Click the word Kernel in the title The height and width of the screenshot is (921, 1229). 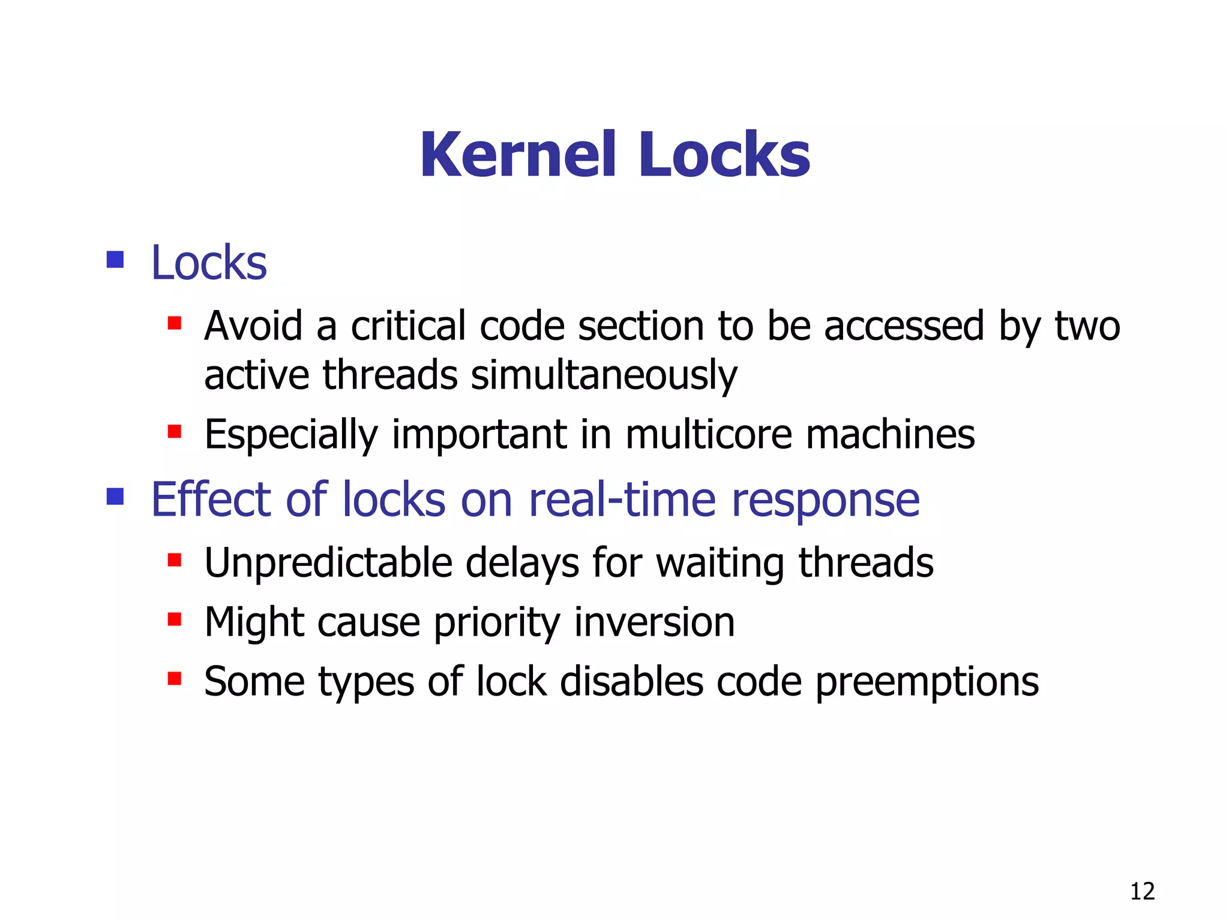pyautogui.click(x=518, y=155)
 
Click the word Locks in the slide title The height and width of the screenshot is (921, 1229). pyautogui.click(x=724, y=155)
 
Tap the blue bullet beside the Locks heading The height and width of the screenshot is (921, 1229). pyautogui.click(x=115, y=260)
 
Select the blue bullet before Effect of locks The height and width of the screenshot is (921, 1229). pyautogui.click(x=115, y=496)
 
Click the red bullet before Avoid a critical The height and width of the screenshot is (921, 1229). pyautogui.click(x=175, y=324)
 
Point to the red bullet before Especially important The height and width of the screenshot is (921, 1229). pyautogui.click(x=175, y=432)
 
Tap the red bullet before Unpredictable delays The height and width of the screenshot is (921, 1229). pyautogui.click(x=175, y=561)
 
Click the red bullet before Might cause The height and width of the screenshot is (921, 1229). pyautogui.click(x=175, y=619)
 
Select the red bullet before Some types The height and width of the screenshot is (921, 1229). pyautogui.click(x=175, y=679)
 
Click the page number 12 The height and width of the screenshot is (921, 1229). pyautogui.click(x=1142, y=892)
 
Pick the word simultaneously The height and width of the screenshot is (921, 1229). pyautogui.click(x=604, y=376)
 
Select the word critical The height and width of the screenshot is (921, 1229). pyautogui.click(x=408, y=326)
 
